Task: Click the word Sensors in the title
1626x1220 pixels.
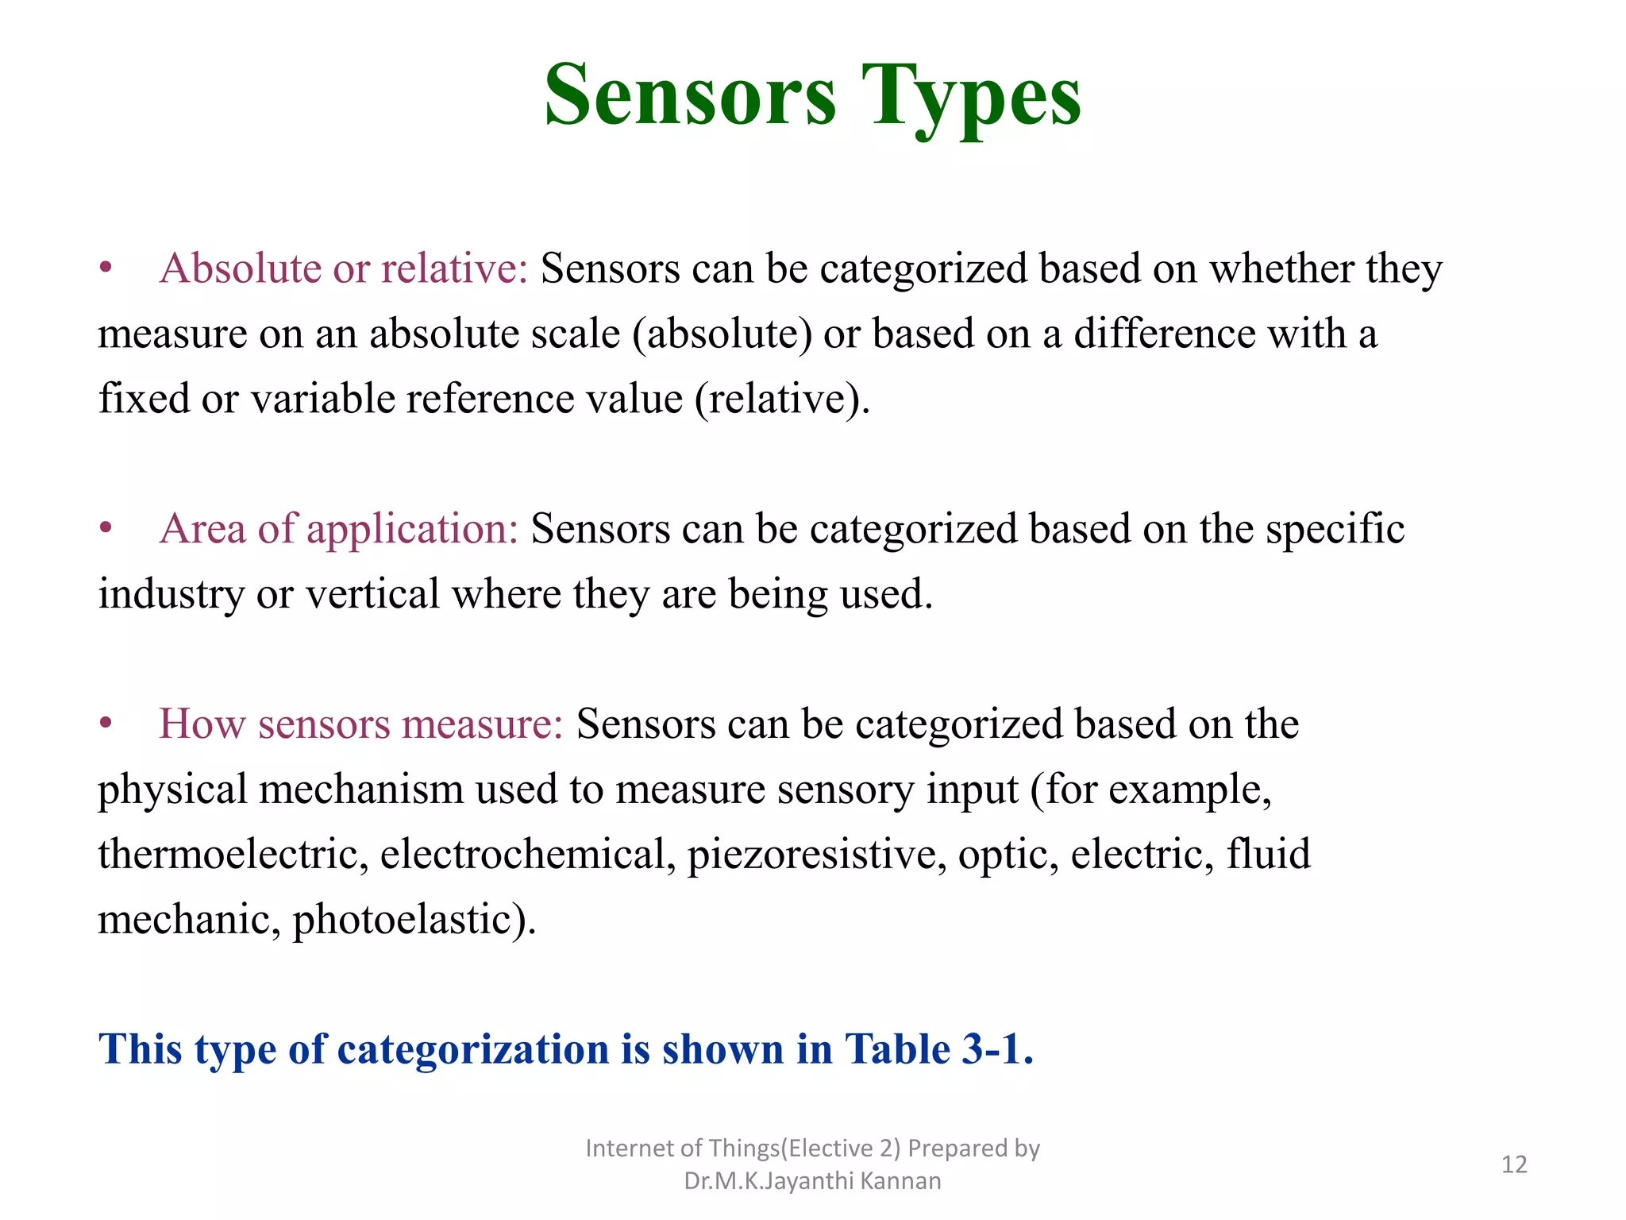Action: tap(690, 97)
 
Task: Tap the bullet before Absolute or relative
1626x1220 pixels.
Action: tap(106, 268)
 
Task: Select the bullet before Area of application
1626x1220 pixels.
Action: tap(106, 529)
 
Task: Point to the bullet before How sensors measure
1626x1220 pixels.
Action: tap(106, 724)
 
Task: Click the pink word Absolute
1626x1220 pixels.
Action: tap(240, 268)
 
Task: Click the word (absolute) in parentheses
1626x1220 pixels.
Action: tap(722, 334)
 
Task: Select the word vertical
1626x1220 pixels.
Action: tap(372, 594)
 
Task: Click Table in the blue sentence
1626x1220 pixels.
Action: tap(896, 1049)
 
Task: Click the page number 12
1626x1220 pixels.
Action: tap(1514, 1164)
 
